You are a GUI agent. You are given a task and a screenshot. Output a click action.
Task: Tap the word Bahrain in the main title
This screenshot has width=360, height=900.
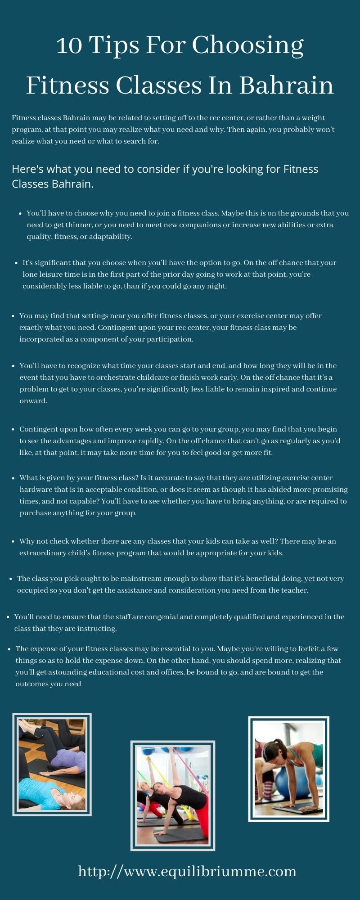click(x=286, y=85)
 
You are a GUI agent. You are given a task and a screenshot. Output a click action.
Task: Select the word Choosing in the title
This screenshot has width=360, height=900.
click(x=248, y=45)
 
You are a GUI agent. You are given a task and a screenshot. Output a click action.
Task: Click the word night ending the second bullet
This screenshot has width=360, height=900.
click(x=216, y=286)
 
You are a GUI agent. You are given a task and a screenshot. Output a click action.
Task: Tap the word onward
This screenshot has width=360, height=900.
click(x=33, y=401)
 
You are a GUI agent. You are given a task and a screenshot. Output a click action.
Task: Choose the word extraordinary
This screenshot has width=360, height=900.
click(x=44, y=553)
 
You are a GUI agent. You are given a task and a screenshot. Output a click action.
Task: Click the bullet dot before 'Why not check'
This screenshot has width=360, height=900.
click(x=14, y=541)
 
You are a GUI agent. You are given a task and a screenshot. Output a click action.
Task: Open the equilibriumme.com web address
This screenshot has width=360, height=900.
click(x=187, y=871)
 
